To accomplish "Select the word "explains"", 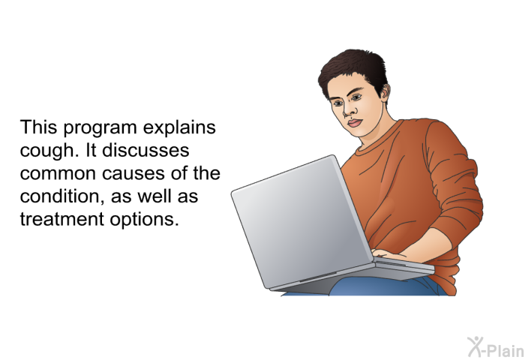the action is pyautogui.click(x=179, y=128).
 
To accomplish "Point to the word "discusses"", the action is pyautogui.click(x=145, y=150).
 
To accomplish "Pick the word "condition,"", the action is pyautogui.click(x=62, y=196).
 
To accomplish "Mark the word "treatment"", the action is pyautogui.click(x=62, y=220).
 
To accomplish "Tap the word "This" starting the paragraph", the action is pyautogui.click(x=38, y=127).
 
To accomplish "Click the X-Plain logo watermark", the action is pyautogui.click(x=495, y=347).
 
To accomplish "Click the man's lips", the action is pyautogui.click(x=354, y=122).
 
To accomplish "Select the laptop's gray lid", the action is pyautogui.click(x=301, y=221).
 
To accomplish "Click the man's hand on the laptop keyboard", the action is pyautogui.click(x=390, y=254).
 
